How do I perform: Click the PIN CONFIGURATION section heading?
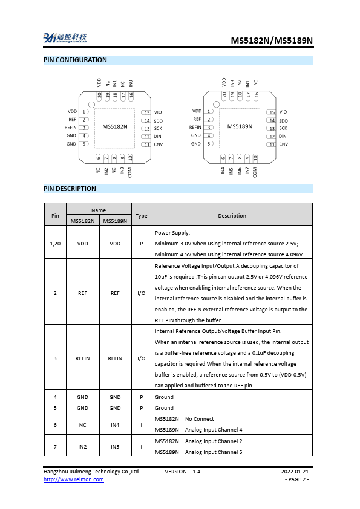(75, 60)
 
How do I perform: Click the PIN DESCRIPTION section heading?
(70, 189)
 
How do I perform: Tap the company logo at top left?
(65, 38)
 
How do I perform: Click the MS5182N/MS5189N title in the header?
(272, 41)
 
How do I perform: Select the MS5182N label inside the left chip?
(114, 126)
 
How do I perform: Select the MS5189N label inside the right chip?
(240, 126)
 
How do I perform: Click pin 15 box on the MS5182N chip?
(146, 112)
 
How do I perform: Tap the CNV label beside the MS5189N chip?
(283, 144)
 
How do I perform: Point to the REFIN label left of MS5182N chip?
(71, 128)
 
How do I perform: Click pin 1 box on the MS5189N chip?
(209, 111)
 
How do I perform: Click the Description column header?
(232, 216)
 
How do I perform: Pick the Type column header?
(141, 216)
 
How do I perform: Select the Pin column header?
(55, 216)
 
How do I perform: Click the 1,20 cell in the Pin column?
(55, 243)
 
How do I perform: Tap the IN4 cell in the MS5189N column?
(115, 425)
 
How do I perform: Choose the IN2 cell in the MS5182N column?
(83, 447)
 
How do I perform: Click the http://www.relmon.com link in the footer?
(73, 479)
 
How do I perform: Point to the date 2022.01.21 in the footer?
(295, 471)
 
